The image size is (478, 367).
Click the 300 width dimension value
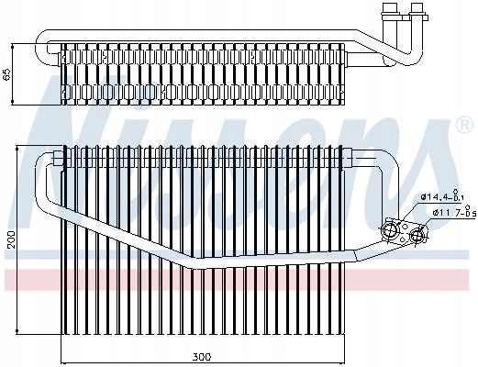[202, 357]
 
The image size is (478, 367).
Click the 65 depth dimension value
[7, 74]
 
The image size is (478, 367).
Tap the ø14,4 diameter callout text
[445, 196]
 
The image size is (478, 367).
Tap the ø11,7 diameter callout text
[454, 213]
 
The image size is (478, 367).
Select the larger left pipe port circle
[389, 229]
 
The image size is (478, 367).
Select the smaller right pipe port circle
[417, 236]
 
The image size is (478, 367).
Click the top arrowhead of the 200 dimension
[17, 149]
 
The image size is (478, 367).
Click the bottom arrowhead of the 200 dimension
[17, 331]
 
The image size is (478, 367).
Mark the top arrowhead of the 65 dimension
[13, 47]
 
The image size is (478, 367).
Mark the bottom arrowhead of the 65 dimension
[13, 102]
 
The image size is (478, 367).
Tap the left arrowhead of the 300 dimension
[65, 362]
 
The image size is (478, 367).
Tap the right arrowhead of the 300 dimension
[341, 362]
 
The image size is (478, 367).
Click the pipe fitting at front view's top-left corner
[58, 158]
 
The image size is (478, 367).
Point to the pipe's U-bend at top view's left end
[42, 48]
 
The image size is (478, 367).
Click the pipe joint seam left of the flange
[356, 256]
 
